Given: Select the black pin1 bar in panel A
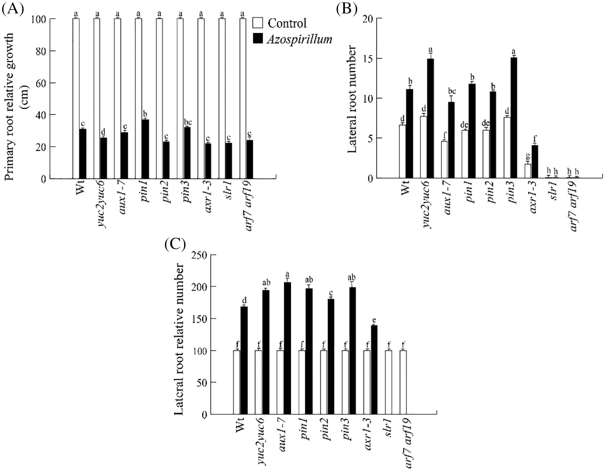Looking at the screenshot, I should pyautogui.click(x=146, y=149).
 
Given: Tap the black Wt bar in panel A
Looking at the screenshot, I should pyautogui.click(x=83, y=154).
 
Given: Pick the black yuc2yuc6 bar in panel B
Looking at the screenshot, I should pyautogui.click(x=430, y=119).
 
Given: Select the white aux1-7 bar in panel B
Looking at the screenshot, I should pyautogui.click(x=444, y=160).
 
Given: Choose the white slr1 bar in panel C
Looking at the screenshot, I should pyautogui.click(x=388, y=382).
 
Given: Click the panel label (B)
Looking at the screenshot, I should pyautogui.click(x=347, y=9).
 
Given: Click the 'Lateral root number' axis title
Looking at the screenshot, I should pyautogui.click(x=351, y=99).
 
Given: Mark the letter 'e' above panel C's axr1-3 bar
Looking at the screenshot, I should pyautogui.click(x=374, y=320).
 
